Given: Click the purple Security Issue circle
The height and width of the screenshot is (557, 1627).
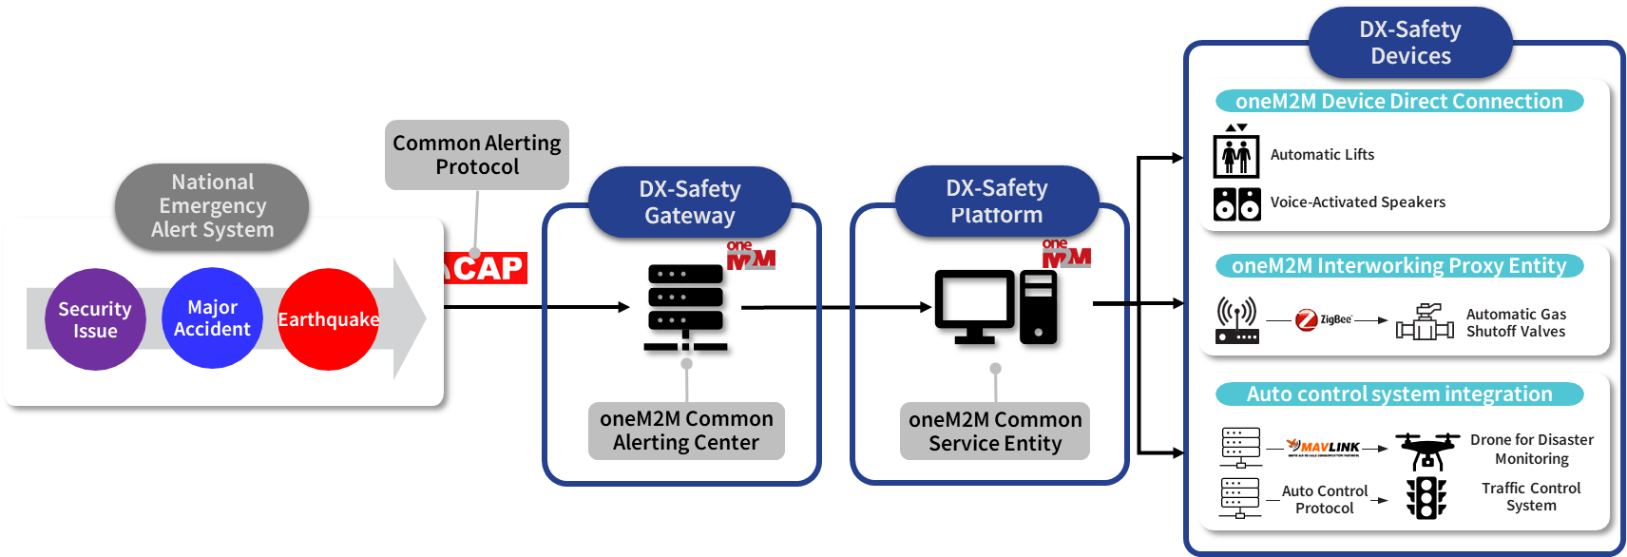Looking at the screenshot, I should coord(95,319).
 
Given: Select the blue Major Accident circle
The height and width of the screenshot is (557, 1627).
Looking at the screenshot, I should coord(212,317).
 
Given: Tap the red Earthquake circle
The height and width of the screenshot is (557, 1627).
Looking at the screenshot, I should coord(328,319).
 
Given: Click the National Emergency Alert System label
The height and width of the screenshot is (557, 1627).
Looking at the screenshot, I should coord(212,206).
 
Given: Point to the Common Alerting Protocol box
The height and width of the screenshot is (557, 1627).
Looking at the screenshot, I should coord(477,155).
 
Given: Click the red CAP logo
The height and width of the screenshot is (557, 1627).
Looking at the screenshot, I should coord(486,268).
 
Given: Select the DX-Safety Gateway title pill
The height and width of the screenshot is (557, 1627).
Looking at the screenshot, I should coord(690,202).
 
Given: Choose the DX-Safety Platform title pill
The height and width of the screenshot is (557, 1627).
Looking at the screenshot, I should coord(997,202).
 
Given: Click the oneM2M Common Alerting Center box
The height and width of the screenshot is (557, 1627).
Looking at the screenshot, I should coord(686,431).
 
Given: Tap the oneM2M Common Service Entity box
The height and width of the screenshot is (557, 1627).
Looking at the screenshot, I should coord(995,432).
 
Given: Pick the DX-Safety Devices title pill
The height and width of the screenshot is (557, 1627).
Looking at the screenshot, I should coord(1410,43).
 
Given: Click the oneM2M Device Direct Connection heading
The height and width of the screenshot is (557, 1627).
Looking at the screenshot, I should coord(1399,101).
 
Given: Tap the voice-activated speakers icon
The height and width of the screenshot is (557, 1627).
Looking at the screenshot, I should coord(1236,203).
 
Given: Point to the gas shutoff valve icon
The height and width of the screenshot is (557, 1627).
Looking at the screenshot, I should coord(1424,322).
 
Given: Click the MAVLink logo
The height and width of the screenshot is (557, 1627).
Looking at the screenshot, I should coord(1323,447).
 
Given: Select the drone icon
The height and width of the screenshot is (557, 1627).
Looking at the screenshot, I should coord(1426,451).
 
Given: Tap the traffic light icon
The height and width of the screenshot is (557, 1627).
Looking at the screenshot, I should coord(1426,497).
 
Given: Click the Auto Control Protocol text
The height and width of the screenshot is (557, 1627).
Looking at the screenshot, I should coord(1325,499).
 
